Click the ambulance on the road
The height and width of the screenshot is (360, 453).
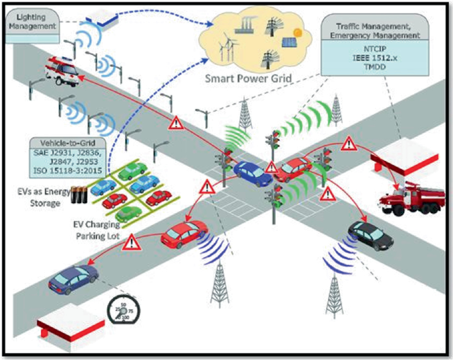pos(61,71)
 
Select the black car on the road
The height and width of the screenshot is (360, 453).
pos(370,235)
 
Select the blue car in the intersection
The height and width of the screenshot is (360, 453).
pos(251,173)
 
